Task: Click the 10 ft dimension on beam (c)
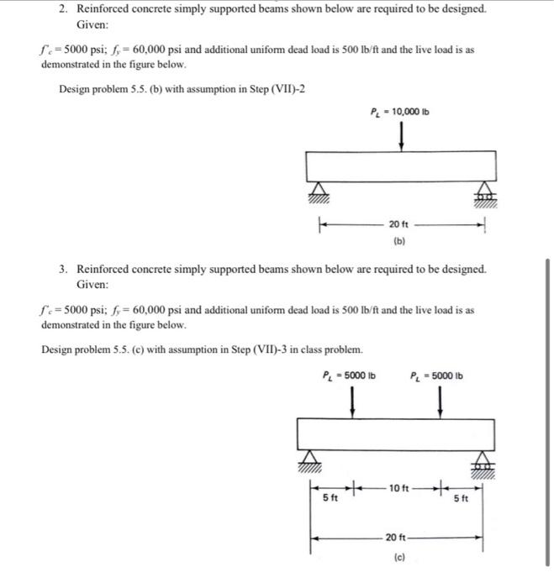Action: pyautogui.click(x=399, y=486)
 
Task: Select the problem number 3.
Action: pyautogui.click(x=64, y=270)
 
